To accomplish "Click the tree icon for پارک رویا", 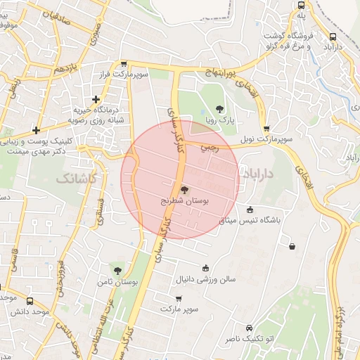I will click(220, 108).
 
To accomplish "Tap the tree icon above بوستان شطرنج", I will click(184, 189).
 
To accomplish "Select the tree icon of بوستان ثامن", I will click(117, 270).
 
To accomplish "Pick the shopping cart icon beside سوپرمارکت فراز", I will click(123, 63).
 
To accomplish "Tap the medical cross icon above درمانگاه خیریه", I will click(96, 99).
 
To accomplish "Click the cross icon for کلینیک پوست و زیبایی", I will click(36, 129).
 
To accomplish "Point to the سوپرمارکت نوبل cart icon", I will click(266, 129).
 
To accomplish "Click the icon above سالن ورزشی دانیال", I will click(205, 267).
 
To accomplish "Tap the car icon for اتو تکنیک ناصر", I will click(249, 328).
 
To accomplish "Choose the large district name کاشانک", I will click(75, 179).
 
